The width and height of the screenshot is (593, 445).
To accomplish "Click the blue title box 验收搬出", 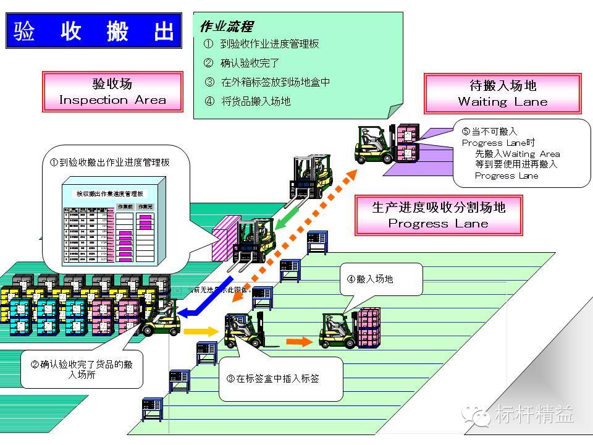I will (94, 31).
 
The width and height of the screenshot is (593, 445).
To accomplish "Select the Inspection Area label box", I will (112, 92).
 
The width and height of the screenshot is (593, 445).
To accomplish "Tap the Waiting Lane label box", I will (502, 94).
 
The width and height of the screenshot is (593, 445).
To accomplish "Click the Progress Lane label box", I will (438, 215).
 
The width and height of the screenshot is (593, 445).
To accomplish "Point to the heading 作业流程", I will (226, 27).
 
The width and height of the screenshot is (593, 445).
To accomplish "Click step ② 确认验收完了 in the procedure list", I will (242, 62).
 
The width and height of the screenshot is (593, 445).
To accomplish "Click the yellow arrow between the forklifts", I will (201, 331).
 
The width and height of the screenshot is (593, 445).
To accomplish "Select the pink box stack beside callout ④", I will (369, 327).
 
